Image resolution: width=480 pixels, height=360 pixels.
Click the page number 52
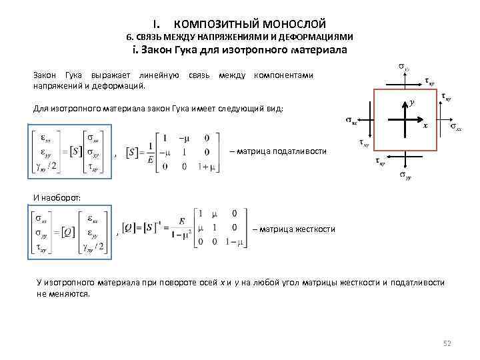(x=447, y=343)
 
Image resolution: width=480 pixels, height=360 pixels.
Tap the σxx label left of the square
(x=351, y=121)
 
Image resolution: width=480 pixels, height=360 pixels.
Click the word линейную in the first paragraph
(x=159, y=75)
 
